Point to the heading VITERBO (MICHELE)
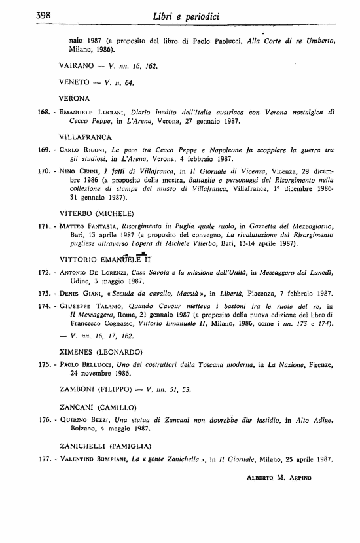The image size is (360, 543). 96,213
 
